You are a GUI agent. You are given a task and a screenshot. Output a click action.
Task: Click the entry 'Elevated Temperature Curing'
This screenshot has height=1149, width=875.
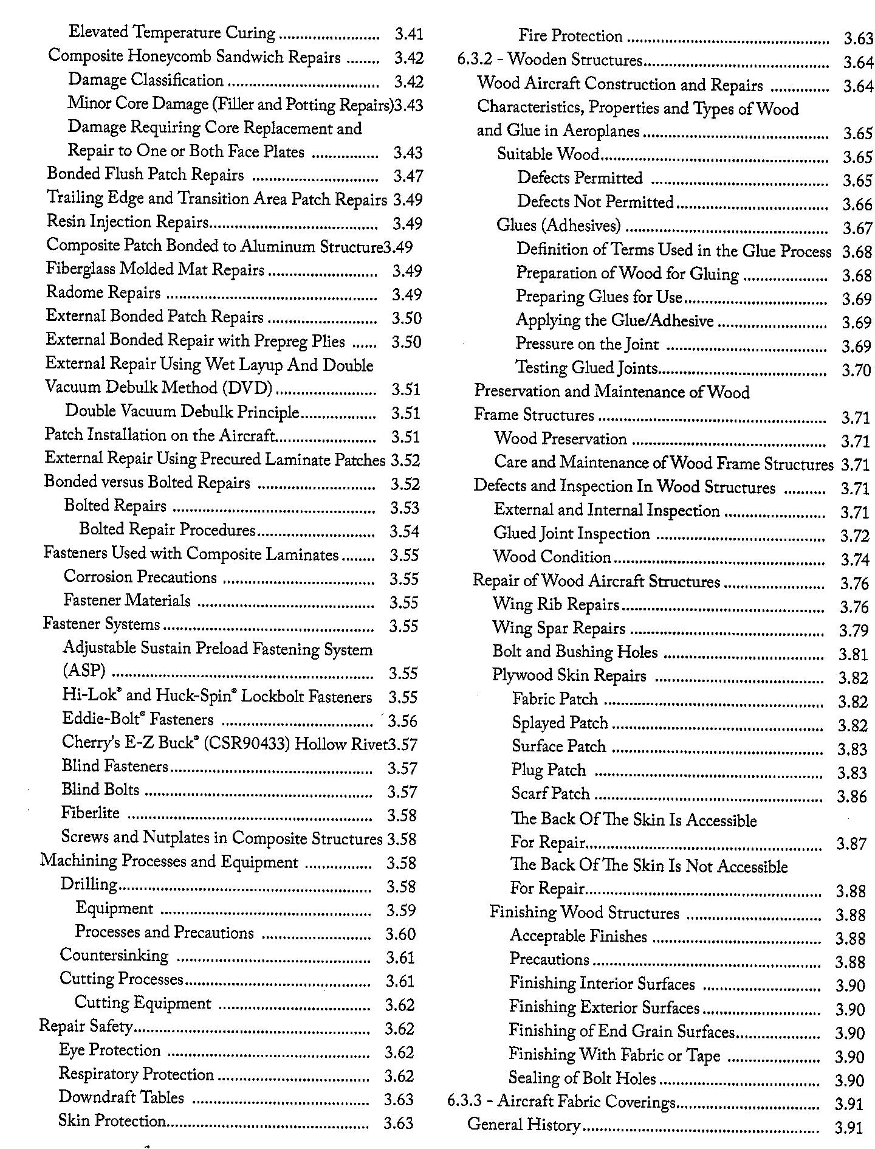click(x=172, y=33)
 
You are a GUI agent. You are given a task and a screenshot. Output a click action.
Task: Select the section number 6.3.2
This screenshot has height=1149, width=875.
click(x=472, y=60)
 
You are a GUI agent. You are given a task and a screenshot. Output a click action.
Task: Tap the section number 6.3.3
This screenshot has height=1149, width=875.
click(x=462, y=1102)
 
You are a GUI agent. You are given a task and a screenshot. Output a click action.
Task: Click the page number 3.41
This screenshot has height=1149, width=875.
click(x=408, y=34)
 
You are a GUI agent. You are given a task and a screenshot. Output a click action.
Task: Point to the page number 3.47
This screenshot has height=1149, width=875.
click(x=408, y=176)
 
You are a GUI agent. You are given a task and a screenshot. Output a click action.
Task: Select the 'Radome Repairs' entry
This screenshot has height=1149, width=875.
click(x=103, y=293)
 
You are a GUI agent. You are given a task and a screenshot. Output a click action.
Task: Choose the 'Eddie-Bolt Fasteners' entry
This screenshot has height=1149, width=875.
click(x=137, y=720)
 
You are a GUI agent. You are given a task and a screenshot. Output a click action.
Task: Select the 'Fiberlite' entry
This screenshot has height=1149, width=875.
click(x=91, y=813)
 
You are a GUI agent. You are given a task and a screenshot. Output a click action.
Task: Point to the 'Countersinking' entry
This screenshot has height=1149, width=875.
click(x=114, y=956)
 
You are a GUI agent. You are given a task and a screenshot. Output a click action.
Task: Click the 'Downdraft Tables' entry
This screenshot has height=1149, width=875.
click(x=121, y=1097)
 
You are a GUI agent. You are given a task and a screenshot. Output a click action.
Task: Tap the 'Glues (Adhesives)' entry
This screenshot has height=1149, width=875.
click(x=558, y=226)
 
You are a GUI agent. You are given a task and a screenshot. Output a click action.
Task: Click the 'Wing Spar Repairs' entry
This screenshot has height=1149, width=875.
click(x=558, y=628)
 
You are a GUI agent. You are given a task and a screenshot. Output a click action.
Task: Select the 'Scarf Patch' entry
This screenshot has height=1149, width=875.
click(x=551, y=794)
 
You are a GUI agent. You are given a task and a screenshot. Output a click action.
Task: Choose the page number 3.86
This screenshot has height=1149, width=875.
click(x=851, y=796)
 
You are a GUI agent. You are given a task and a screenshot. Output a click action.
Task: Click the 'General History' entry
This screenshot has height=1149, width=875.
click(x=523, y=1125)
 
